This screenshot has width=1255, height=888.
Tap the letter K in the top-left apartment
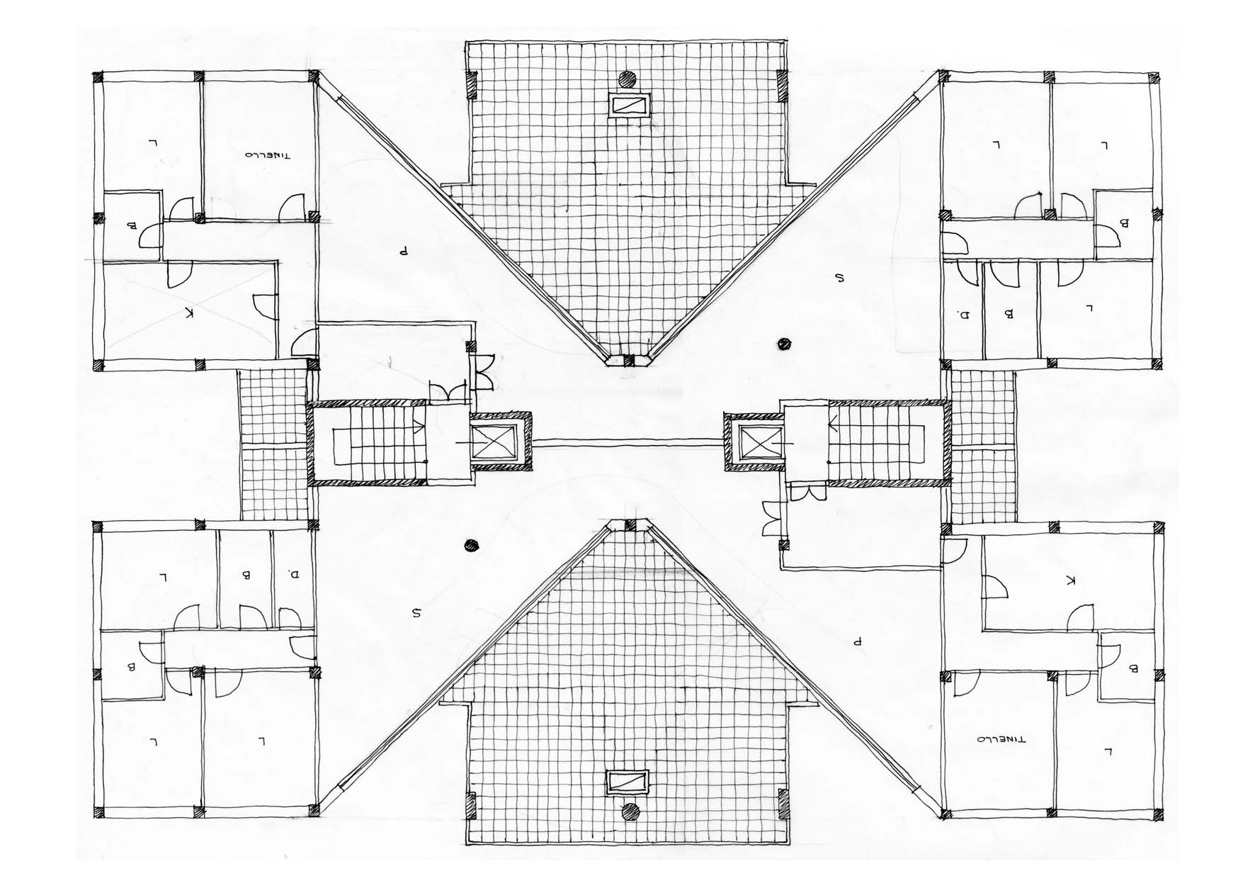[x=188, y=313]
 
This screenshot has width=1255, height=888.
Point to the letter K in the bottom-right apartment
[x=1070, y=580]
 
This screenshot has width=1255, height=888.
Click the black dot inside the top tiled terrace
[x=626, y=79]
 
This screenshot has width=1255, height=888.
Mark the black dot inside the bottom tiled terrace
[x=630, y=811]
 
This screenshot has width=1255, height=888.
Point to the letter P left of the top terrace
[x=403, y=250]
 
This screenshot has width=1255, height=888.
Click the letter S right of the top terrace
[x=840, y=279]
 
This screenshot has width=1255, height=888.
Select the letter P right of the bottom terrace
[x=857, y=642]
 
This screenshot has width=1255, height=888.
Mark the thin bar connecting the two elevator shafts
[x=627, y=442]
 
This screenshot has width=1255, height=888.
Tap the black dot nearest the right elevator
[x=783, y=344]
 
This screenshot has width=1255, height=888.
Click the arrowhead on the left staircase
[x=420, y=426]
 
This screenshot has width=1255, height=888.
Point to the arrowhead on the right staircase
[x=833, y=426]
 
